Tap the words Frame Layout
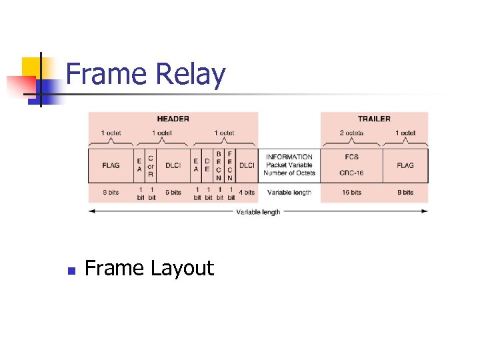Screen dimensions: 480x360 pos(149,268)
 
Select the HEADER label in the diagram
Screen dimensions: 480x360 pos(173,119)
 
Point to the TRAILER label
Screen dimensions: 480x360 pos(374,119)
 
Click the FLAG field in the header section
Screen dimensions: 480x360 pos(111,165)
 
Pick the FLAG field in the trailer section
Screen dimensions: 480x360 pos(405,165)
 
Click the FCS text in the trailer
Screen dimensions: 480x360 pos(351,157)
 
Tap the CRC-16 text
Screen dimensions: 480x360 pos(351,173)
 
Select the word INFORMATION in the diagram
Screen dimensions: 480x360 pos(289,157)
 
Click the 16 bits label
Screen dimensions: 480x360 pos(351,193)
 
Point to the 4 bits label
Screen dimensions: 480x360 pos(247,193)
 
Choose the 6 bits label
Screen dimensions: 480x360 pos(173,193)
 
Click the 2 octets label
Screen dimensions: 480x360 pos(351,133)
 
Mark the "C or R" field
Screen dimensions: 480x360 pos(151,165)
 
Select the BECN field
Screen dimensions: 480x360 pos(219,165)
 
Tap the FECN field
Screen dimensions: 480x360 pos(230,165)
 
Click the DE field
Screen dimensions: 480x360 pos(207,165)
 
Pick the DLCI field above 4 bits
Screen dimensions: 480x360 pos(247,165)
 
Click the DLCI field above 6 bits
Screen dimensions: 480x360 pos(173,165)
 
